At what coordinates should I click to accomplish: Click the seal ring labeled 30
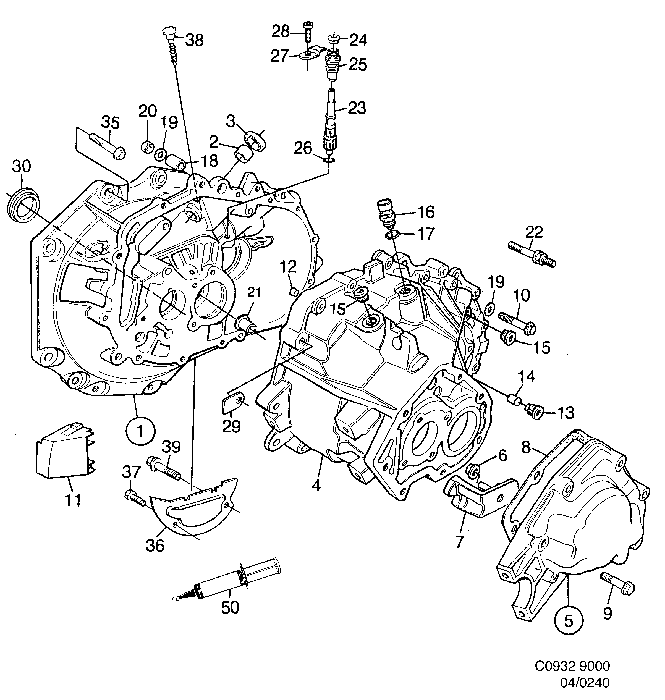(23, 207)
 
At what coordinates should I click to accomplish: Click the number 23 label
(357, 108)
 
